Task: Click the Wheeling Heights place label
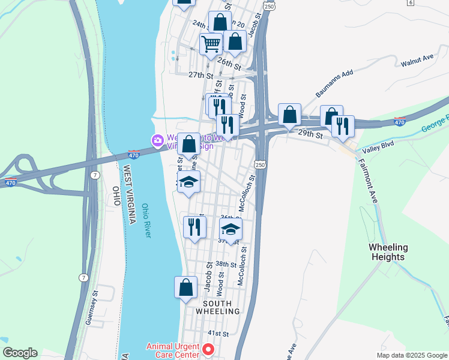(387, 252)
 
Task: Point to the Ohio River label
(146, 221)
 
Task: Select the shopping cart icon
(211, 44)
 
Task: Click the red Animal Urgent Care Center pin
(208, 349)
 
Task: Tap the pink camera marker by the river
(158, 140)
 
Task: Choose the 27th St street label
(200, 76)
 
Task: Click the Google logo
(20, 353)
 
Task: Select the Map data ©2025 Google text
(412, 355)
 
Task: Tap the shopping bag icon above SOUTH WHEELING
(185, 287)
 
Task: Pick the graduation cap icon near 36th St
(230, 228)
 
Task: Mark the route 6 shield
(411, 2)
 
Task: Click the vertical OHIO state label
(116, 197)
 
